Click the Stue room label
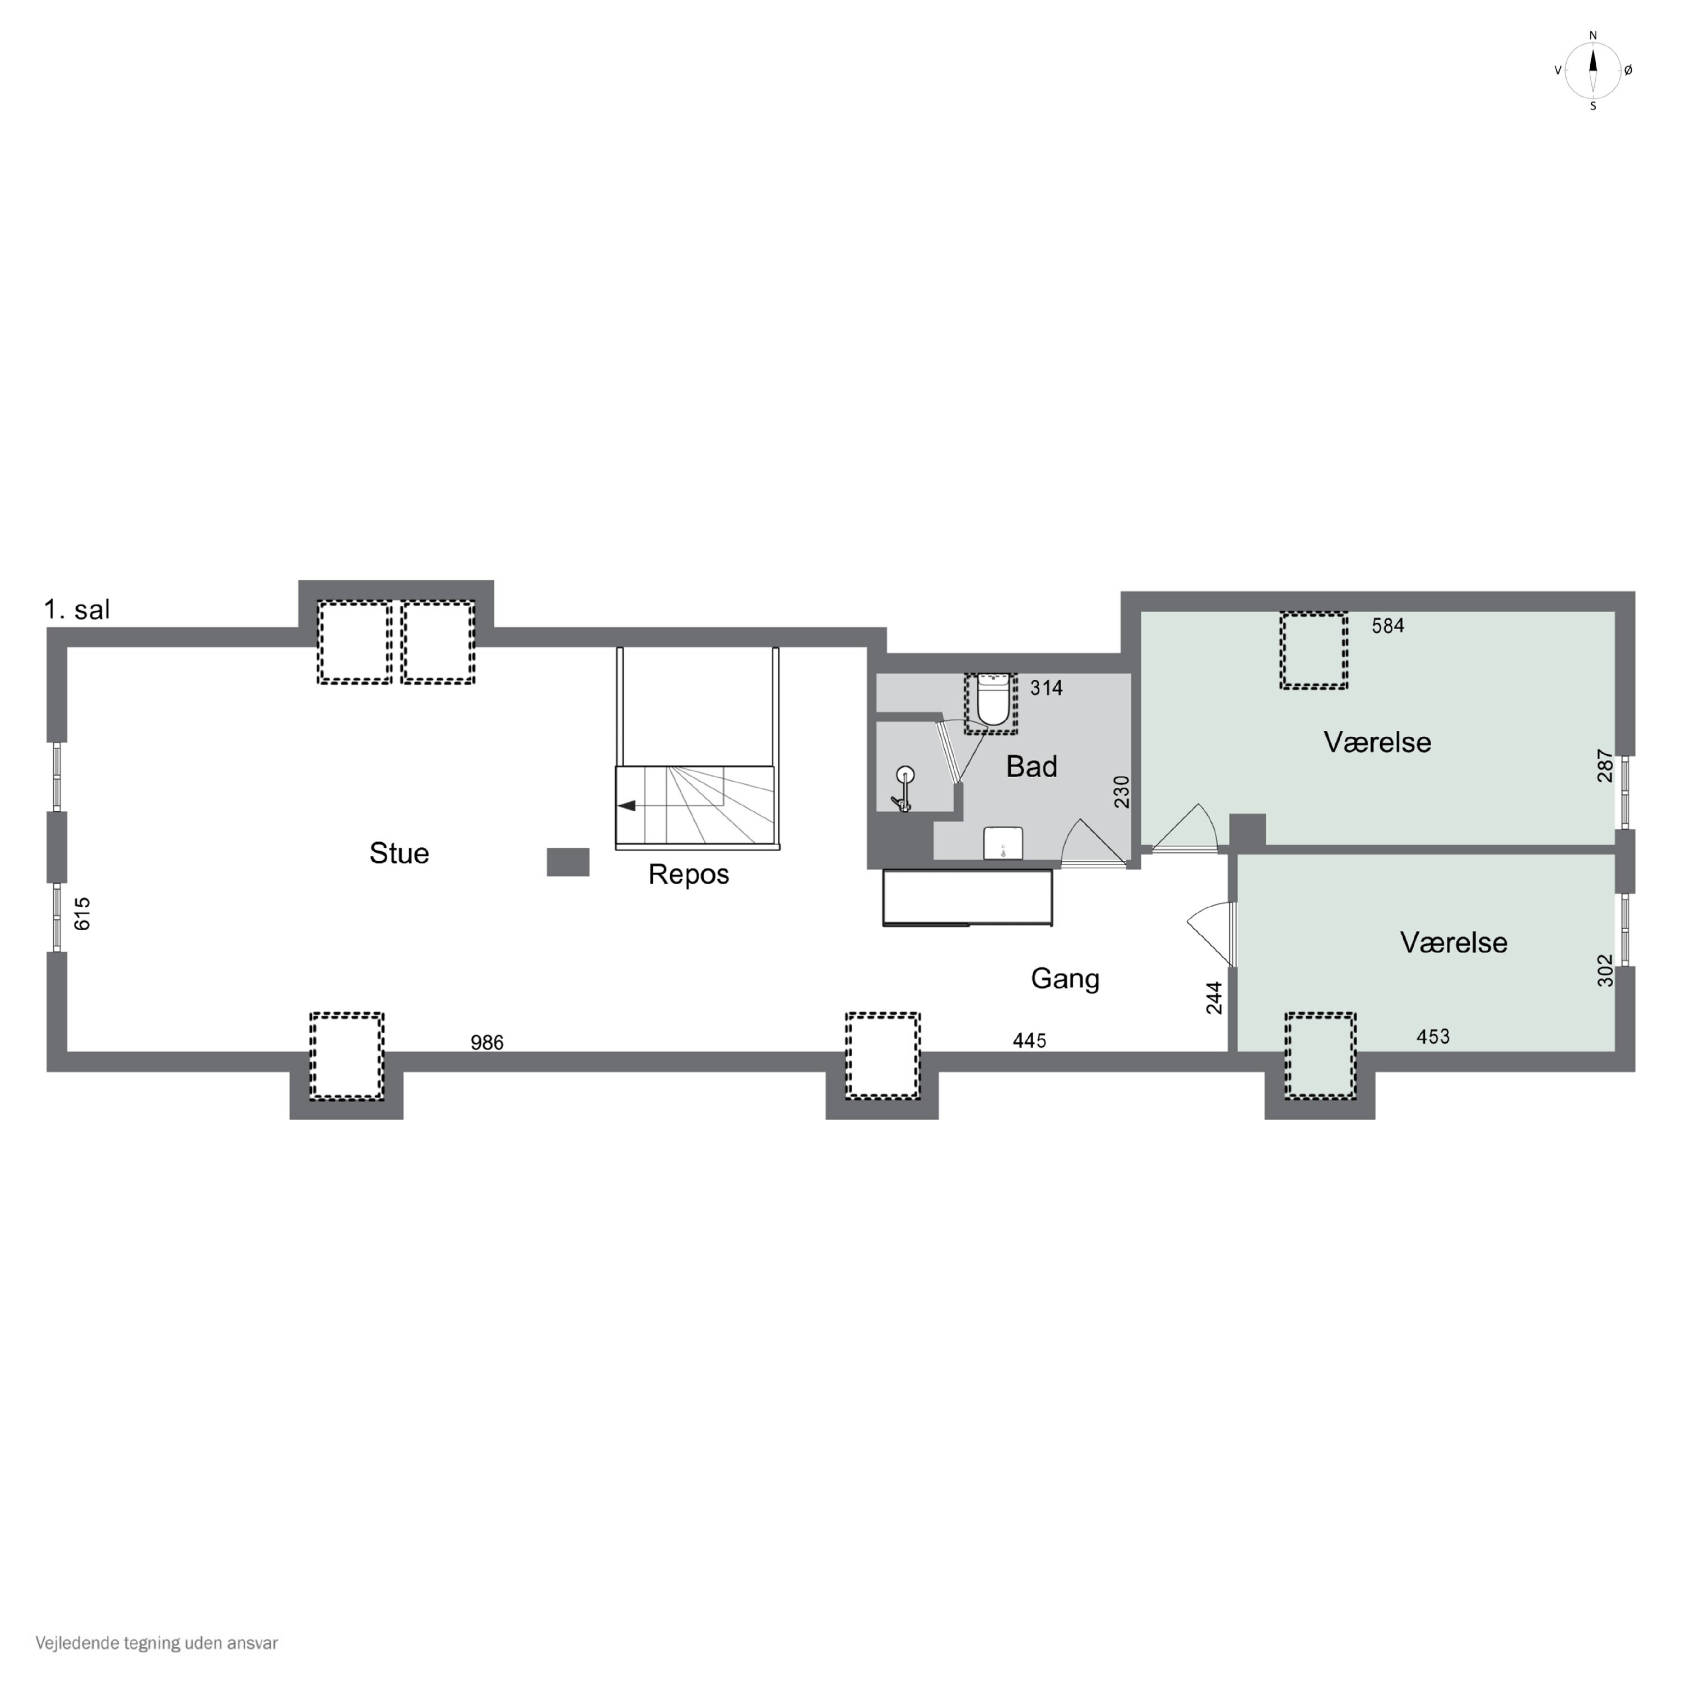tap(400, 853)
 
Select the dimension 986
tap(487, 1042)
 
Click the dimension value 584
tap(1388, 625)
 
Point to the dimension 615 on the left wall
tap(83, 913)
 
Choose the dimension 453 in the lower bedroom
tap(1433, 1036)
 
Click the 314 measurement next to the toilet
tap(1047, 688)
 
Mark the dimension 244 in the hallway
tap(1215, 997)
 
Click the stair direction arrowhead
tap(626, 806)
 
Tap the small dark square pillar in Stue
tap(568, 862)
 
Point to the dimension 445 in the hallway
tap(1029, 1041)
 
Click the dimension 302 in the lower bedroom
tap(1605, 971)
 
